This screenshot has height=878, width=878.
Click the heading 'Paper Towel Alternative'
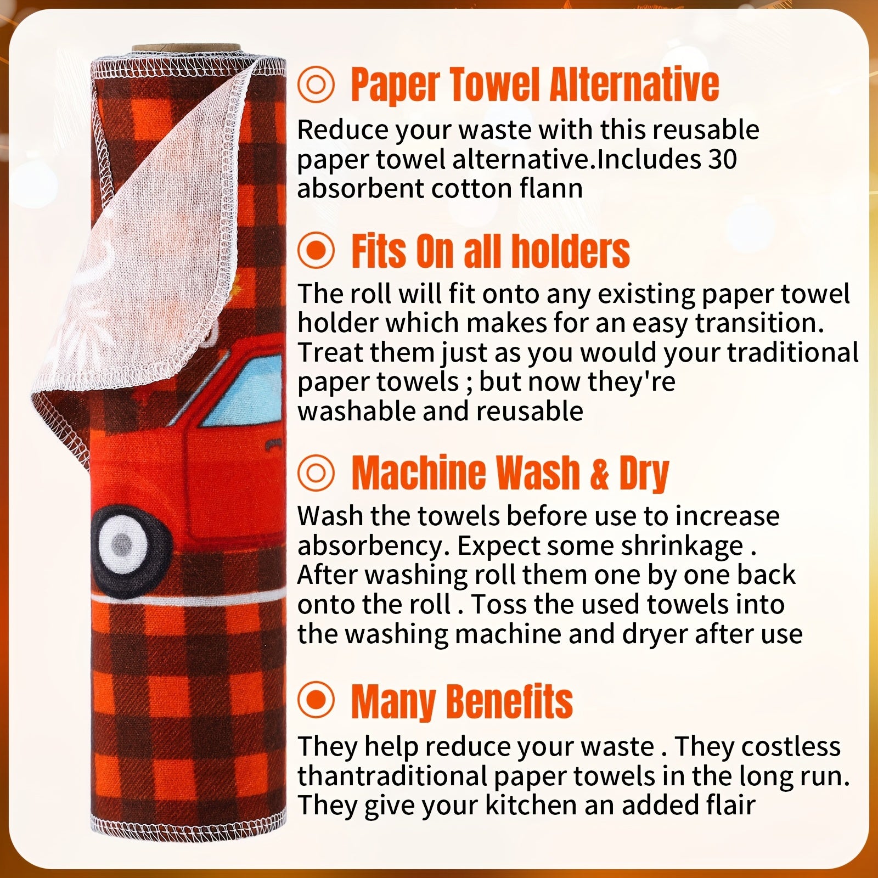(534, 85)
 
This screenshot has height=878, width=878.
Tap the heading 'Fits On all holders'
(490, 251)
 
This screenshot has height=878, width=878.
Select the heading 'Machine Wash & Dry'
(510, 473)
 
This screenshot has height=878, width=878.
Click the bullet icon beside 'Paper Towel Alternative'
(316, 85)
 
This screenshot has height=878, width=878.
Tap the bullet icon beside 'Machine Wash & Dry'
(316, 473)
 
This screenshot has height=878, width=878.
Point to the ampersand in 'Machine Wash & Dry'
(600, 474)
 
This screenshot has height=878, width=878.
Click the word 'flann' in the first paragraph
(550, 189)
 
